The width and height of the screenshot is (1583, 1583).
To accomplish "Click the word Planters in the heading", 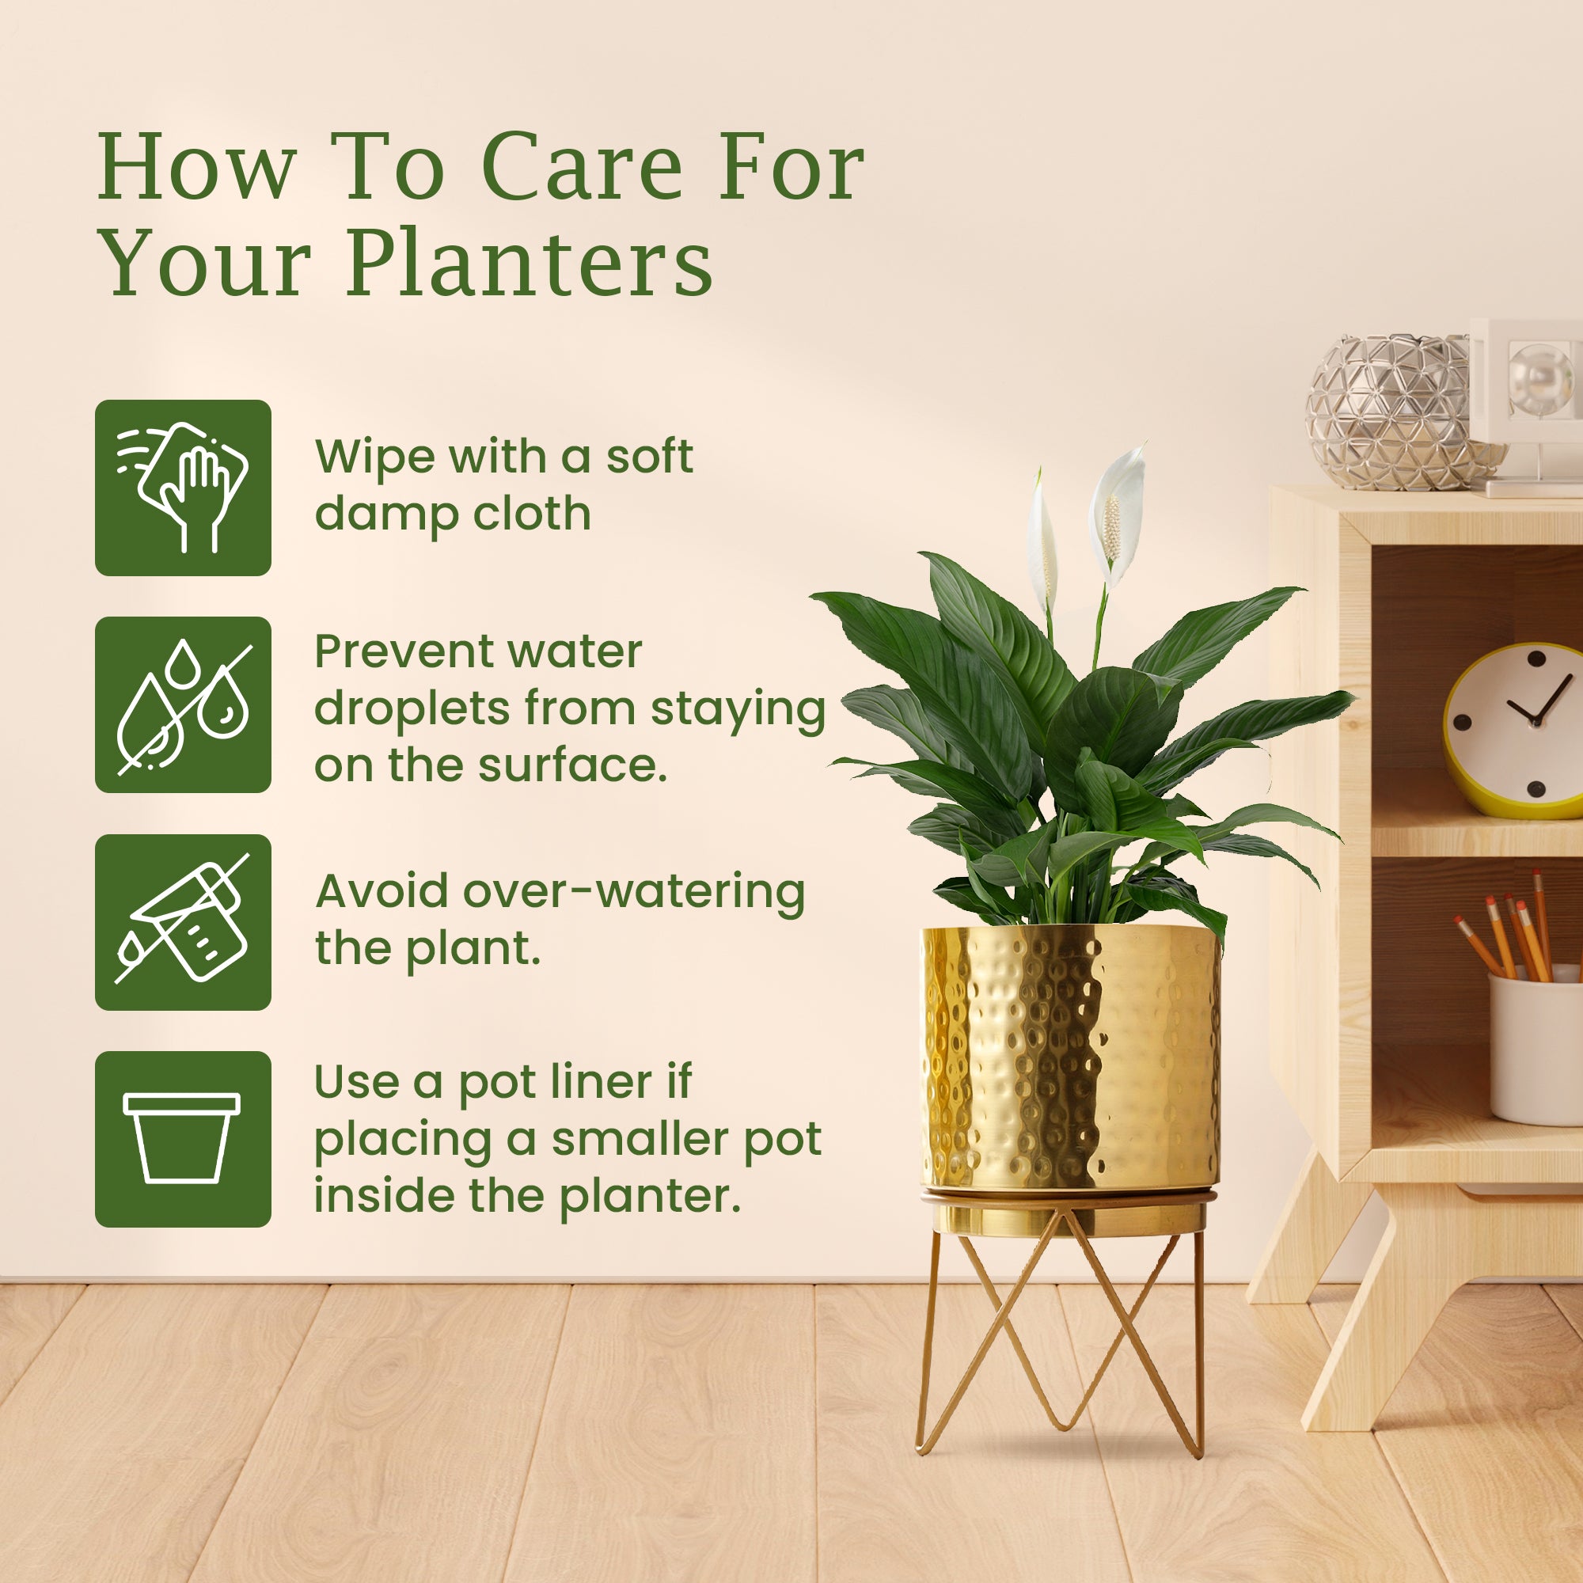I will point(530,264).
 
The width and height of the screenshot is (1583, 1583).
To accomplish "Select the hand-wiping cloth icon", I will point(183,488).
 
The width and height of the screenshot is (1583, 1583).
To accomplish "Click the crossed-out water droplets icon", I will point(183,704).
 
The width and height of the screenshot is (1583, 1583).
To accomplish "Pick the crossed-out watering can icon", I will point(183,922).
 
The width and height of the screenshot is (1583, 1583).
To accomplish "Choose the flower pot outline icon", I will point(183,1139).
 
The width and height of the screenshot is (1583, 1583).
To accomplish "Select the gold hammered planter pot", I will point(1070,1057).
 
